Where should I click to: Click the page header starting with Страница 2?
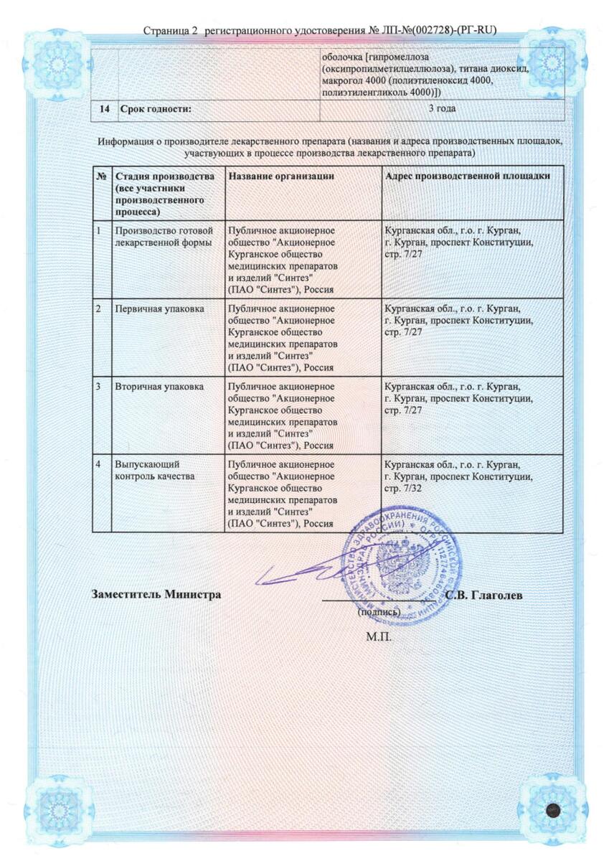(x=320, y=30)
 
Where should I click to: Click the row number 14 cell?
(x=105, y=109)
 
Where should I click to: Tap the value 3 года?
(x=442, y=109)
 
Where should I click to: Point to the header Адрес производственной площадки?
(x=467, y=177)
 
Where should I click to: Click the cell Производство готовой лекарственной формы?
(x=164, y=236)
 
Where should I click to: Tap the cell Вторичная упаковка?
(x=159, y=387)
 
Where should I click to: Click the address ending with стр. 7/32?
(x=458, y=476)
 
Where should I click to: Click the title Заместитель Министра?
(x=156, y=595)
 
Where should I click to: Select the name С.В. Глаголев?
(x=478, y=596)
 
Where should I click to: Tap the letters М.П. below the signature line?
(x=379, y=637)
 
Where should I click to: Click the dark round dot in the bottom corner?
(x=552, y=809)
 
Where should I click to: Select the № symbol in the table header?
(x=101, y=177)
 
